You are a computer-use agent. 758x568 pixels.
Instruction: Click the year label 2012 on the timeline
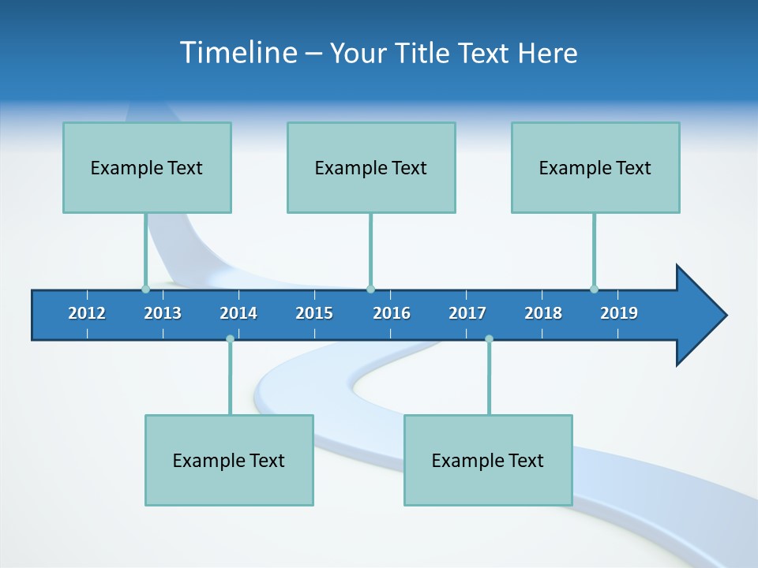click(87, 313)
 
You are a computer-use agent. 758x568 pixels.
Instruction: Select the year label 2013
click(163, 313)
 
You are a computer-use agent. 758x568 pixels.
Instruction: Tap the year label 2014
click(238, 313)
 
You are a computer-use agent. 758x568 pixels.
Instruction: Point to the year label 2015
click(314, 313)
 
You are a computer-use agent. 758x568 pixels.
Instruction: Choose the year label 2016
click(392, 313)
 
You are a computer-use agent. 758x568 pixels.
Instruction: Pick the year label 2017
click(467, 313)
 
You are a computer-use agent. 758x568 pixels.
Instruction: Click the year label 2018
click(543, 313)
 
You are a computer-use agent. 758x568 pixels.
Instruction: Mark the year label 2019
click(619, 313)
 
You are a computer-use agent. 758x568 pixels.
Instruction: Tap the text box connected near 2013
click(147, 167)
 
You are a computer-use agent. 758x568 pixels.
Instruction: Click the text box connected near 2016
click(371, 167)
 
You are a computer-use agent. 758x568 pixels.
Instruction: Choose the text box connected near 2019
click(595, 167)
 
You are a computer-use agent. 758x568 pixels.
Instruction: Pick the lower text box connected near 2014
click(229, 460)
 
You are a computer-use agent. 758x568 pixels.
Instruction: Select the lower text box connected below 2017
click(488, 460)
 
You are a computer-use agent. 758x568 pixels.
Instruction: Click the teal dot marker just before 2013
click(145, 289)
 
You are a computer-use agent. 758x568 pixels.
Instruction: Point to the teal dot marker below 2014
click(230, 338)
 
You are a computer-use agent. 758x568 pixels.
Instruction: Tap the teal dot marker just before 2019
click(594, 289)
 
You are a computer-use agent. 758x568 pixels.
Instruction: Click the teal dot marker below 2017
click(489, 338)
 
